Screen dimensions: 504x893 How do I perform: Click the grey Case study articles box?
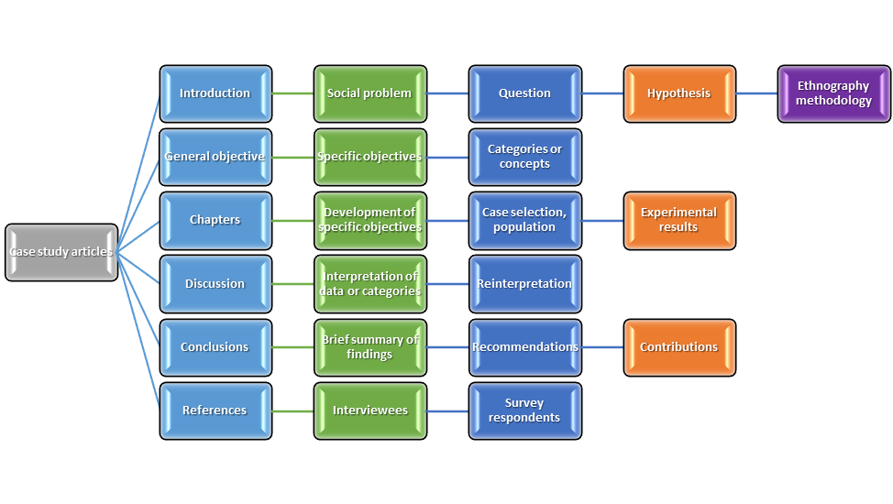pos(61,252)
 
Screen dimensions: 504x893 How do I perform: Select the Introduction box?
pos(215,93)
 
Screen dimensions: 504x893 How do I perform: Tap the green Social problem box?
pos(369,93)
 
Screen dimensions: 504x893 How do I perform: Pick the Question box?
pos(525,93)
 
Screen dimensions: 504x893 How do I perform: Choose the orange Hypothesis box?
pos(679,93)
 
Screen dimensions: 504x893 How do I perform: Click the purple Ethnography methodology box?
pos(833,93)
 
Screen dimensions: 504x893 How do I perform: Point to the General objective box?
pos(215,157)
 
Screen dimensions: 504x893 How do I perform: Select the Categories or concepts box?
pos(525,157)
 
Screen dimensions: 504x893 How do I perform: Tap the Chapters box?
pos(215,220)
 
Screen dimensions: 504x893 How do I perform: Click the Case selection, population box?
pos(525,220)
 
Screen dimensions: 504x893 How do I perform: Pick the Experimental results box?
pos(679,220)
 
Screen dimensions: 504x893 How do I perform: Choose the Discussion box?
pos(215,284)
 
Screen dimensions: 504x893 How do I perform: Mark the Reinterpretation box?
pos(525,284)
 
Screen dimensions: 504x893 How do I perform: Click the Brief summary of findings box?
pos(369,347)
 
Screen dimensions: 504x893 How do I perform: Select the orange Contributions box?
pos(679,347)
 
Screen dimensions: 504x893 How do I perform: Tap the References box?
pos(215,411)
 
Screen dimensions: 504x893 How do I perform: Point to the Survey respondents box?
pos(525,411)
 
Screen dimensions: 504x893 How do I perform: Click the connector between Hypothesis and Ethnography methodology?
pos(756,93)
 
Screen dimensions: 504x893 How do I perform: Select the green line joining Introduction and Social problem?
pos(292,93)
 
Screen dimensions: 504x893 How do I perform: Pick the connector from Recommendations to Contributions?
pos(602,347)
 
